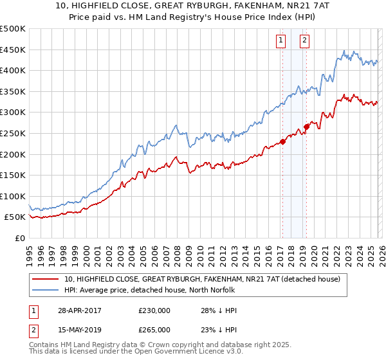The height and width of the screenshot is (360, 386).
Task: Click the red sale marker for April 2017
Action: tap(282, 142)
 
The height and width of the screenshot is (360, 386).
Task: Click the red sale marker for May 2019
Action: tap(306, 127)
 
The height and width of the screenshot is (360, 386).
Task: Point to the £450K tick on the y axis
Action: tap(13, 50)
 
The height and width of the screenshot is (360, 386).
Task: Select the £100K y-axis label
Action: tap(13, 196)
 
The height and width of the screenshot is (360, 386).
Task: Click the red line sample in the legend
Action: tap(46, 279)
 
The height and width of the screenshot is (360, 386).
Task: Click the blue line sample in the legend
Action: tap(46, 290)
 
